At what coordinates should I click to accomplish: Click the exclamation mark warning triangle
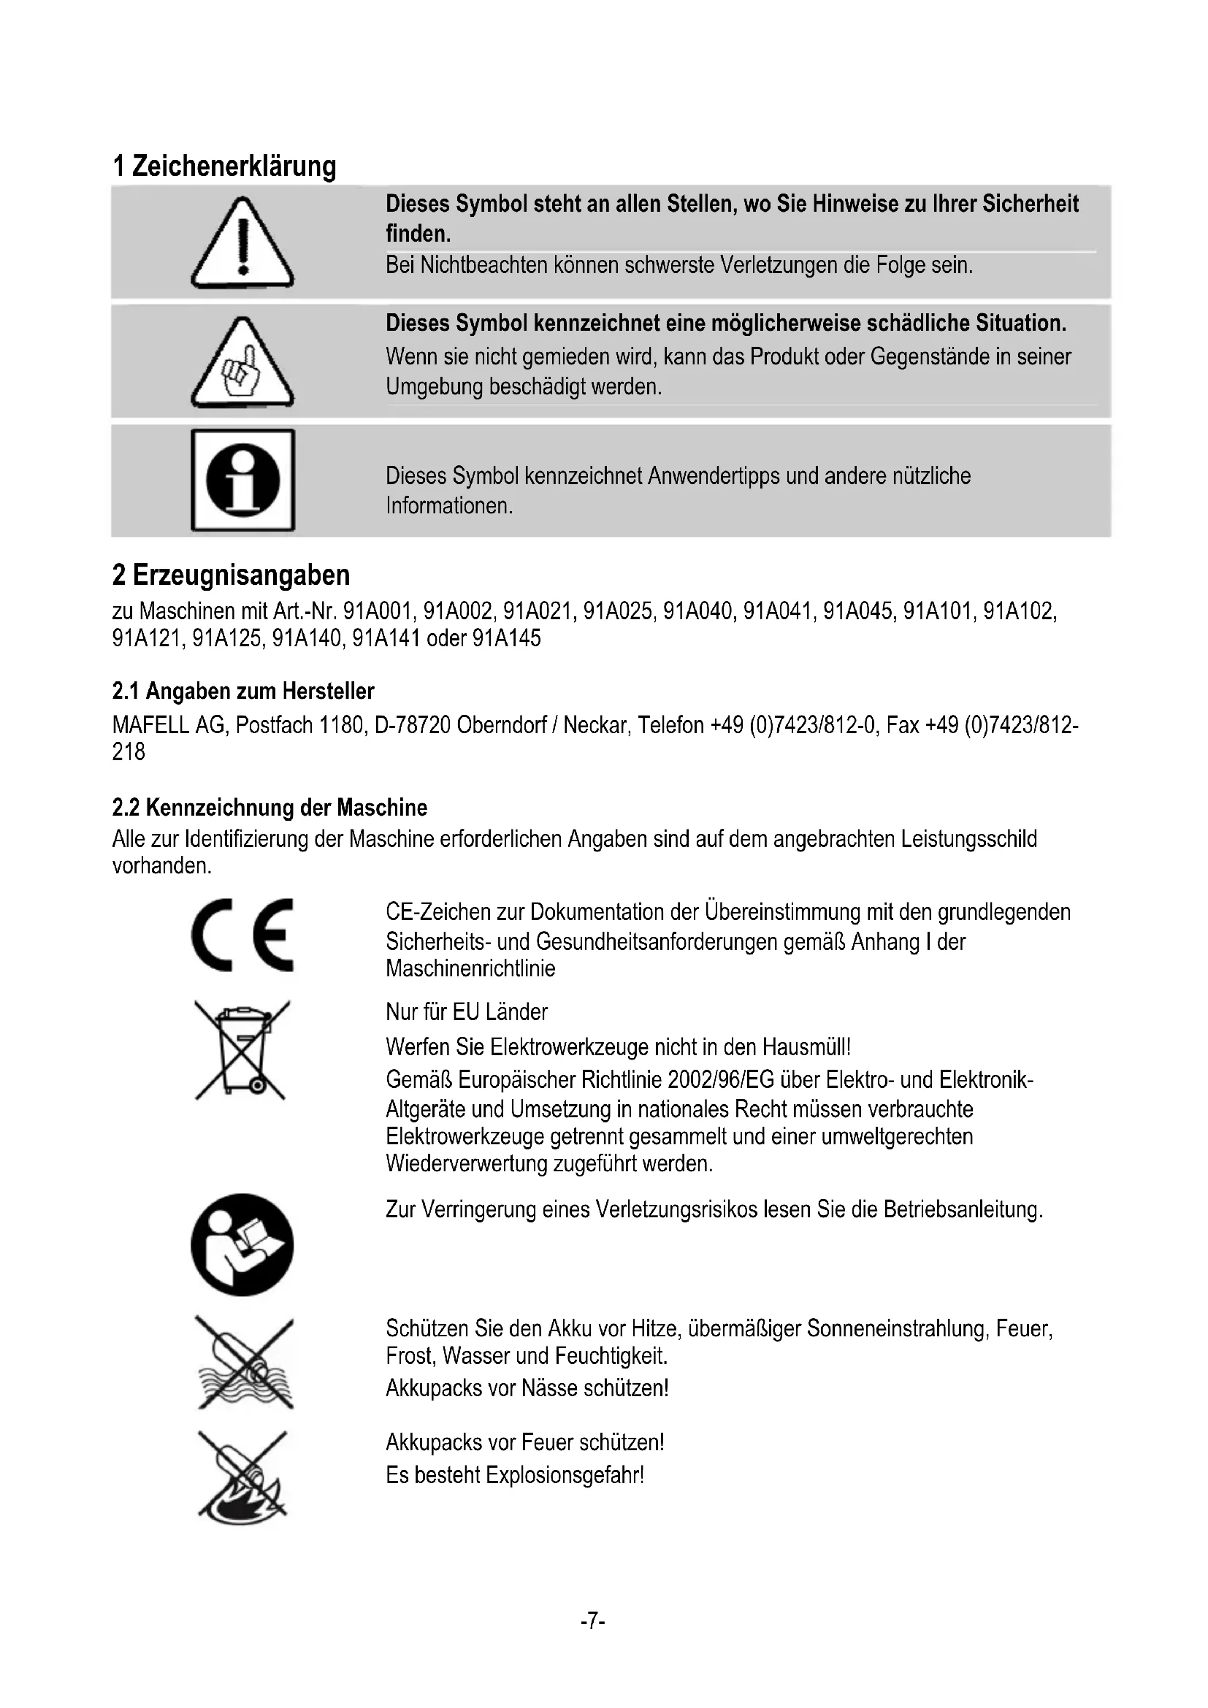[242, 243]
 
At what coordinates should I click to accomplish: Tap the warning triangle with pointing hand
[242, 363]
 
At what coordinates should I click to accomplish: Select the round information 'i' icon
[242, 480]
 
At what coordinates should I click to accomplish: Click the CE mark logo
[242, 935]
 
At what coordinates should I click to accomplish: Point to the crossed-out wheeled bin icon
[241, 1050]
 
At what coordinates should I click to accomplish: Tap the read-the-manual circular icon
[242, 1244]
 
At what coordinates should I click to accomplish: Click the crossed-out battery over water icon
[245, 1362]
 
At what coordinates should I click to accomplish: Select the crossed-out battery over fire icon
[242, 1475]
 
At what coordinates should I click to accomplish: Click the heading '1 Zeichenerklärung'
[224, 166]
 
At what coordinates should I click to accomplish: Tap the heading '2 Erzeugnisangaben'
[231, 575]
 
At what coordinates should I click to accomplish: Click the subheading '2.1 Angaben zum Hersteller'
[242, 691]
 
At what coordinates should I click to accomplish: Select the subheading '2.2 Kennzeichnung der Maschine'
[269, 807]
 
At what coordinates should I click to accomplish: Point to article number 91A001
[377, 611]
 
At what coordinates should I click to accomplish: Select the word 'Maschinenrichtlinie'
[470, 968]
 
